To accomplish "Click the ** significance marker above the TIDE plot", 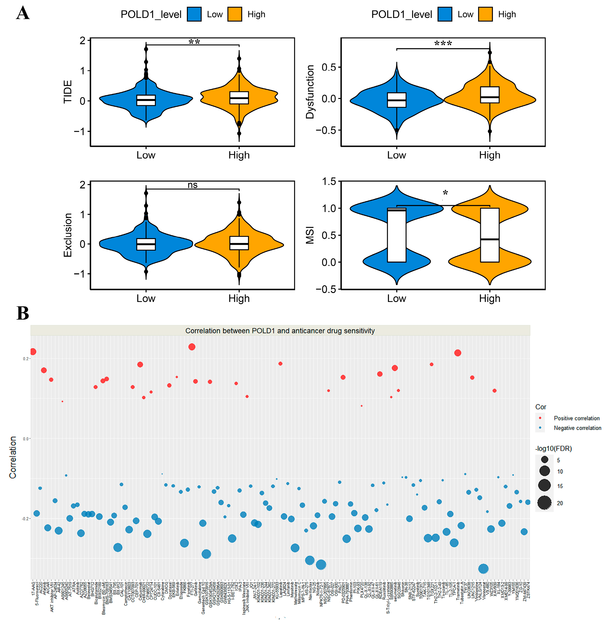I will point(194,42).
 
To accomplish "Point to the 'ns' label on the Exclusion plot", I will point(192,185).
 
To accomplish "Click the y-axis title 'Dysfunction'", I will point(310,92).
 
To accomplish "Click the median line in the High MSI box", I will point(489,239).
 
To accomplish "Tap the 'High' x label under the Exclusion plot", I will point(239,298).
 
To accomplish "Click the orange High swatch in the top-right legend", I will point(485,14).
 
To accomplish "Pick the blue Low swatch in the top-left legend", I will point(194,14).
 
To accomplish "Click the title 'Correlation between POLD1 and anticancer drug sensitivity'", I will point(280,331).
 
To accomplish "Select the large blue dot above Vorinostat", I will point(483,569).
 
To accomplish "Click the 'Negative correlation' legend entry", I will point(577,428).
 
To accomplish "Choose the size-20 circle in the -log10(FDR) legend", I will point(544,503).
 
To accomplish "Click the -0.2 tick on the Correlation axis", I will point(25,519).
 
